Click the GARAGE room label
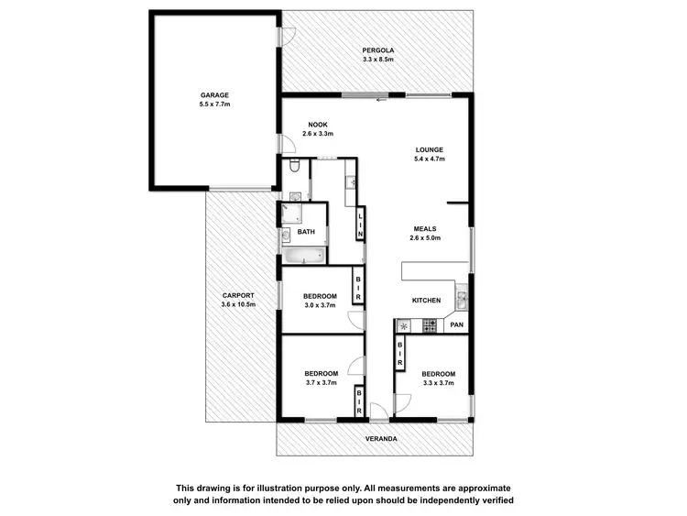[214, 94]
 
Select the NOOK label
[318, 125]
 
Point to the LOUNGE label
[429, 149]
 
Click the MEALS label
[425, 228]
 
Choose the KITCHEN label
[426, 301]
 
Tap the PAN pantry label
[456, 324]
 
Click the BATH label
[306, 232]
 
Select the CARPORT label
[237, 295]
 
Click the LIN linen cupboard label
[361, 225]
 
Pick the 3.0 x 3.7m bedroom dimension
[320, 305]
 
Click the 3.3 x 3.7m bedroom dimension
[438, 383]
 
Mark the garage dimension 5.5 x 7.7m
[214, 104]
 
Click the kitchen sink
[463, 297]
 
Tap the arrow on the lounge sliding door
[381, 97]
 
